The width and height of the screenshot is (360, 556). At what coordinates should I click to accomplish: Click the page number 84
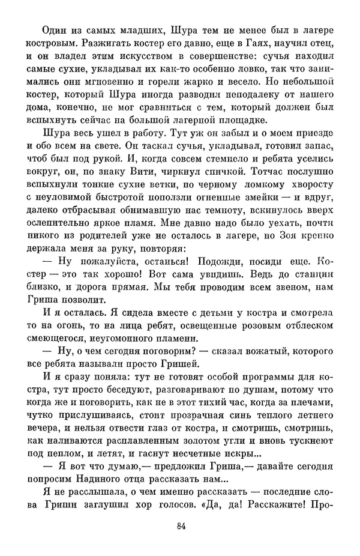click(180, 527)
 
